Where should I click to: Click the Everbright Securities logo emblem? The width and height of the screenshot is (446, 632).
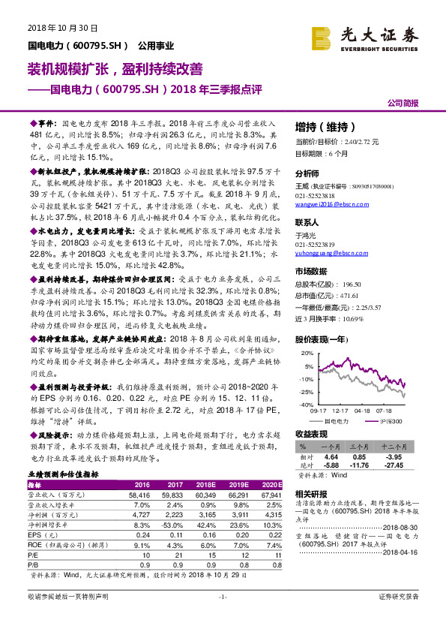click(x=323, y=36)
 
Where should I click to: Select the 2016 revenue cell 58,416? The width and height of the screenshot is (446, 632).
click(x=139, y=495)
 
